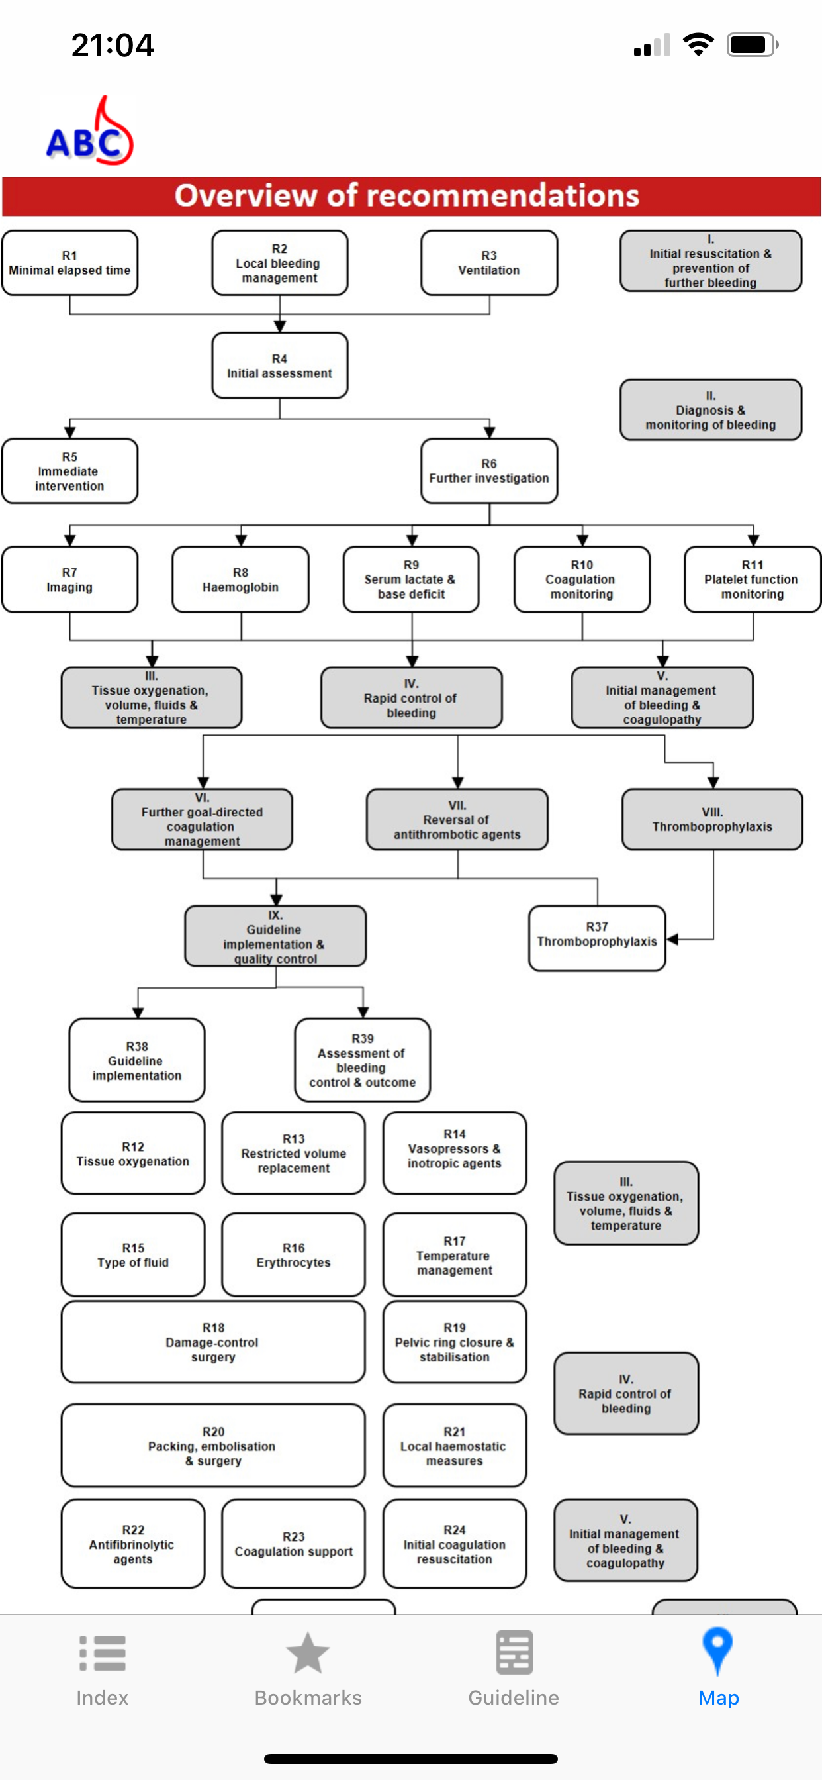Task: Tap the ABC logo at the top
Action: coord(90,131)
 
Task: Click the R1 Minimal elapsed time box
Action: coord(69,264)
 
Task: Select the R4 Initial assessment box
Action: coord(280,366)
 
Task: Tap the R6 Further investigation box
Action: coord(489,471)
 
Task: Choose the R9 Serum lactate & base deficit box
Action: coord(411,579)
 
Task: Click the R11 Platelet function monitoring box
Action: coord(753,579)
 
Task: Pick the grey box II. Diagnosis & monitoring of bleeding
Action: coord(711,410)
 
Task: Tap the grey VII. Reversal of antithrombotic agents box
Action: coord(457,820)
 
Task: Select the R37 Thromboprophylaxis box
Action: coord(598,938)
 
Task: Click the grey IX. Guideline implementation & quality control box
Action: coord(275,936)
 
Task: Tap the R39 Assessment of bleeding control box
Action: coord(363,1060)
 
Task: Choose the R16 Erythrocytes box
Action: coord(294,1255)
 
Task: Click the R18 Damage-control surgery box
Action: coord(214,1342)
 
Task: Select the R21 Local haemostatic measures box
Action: coord(455,1446)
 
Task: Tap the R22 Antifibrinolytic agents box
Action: coord(133,1544)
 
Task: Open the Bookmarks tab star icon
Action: coord(308,1653)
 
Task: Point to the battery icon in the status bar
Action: coord(753,46)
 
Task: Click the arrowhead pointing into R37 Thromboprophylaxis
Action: coord(672,939)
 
